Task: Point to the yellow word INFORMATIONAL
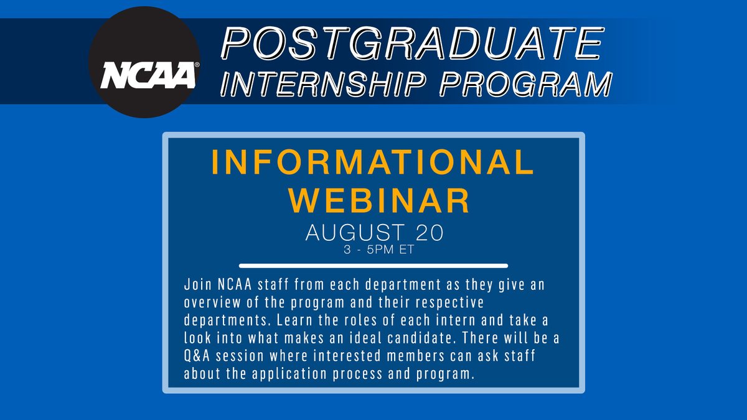(x=372, y=164)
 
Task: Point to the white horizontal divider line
(x=374, y=266)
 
